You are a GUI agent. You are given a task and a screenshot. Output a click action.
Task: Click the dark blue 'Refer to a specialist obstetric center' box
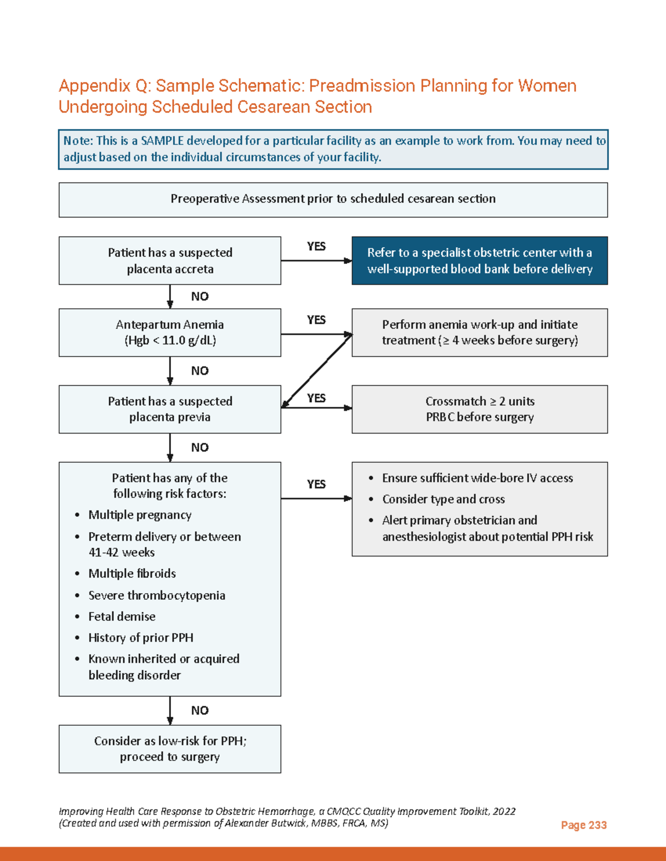(480, 261)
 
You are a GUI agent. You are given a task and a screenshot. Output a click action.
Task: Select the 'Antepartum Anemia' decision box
(170, 332)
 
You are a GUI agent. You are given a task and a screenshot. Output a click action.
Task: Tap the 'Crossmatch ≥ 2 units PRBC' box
(480, 409)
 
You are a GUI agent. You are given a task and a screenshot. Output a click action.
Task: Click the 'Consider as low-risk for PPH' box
(170, 748)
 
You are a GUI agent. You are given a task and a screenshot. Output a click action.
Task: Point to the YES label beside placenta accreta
(316, 246)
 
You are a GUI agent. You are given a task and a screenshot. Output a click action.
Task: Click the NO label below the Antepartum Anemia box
(200, 370)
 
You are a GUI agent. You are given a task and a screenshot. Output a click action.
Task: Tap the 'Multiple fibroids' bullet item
(132, 573)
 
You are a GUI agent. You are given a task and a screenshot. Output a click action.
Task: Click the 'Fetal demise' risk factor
(122, 617)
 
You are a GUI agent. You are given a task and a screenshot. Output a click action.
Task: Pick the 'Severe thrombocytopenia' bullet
(157, 595)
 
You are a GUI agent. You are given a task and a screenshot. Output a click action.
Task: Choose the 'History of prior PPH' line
(141, 638)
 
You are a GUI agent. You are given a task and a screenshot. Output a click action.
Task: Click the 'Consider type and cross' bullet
(443, 499)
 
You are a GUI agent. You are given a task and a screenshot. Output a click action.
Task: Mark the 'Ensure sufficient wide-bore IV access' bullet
(477, 478)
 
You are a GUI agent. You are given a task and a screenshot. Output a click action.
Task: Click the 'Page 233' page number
(583, 825)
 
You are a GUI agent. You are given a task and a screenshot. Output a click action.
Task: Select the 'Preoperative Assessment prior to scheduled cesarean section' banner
(333, 199)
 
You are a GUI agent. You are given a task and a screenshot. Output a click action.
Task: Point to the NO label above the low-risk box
(200, 710)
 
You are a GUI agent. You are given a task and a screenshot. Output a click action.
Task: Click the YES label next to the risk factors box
(316, 484)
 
